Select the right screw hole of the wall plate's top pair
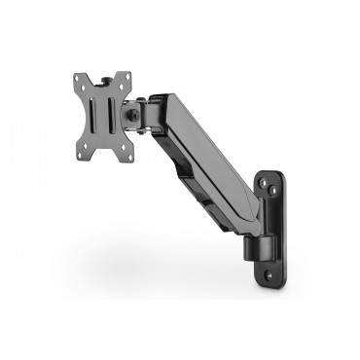[x=281, y=187]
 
